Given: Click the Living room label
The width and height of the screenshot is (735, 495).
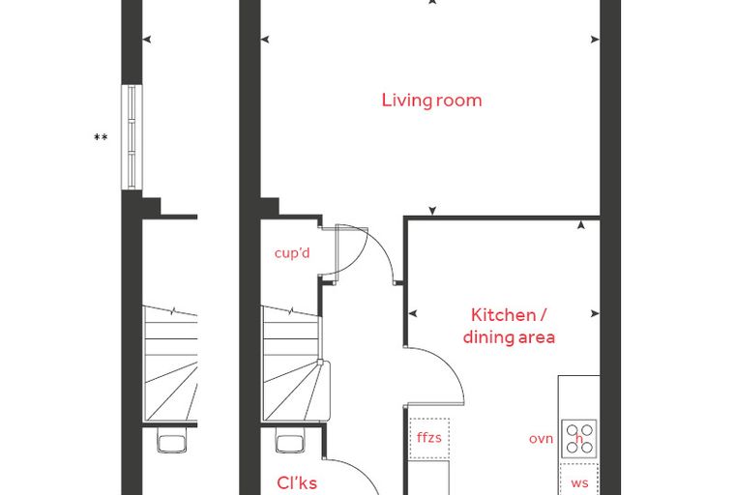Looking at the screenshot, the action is [431, 101].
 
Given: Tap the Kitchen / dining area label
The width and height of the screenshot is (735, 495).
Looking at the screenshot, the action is [509, 326].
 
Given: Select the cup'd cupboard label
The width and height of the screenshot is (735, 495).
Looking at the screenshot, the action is [292, 253].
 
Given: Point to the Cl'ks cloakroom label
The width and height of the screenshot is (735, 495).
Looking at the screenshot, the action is [297, 482].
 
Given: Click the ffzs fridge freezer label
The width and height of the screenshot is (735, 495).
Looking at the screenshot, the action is [428, 438].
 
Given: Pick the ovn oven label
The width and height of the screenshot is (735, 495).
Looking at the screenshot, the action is [541, 439].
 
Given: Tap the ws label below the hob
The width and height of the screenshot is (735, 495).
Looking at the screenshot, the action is [579, 482].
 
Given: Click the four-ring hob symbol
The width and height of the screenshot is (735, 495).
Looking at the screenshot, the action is [579, 439].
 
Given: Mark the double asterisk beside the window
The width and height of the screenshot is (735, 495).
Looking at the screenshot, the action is [101, 137].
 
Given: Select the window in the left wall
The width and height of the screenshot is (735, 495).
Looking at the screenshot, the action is [132, 137].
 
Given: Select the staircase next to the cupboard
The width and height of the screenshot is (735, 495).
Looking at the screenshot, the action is [291, 364].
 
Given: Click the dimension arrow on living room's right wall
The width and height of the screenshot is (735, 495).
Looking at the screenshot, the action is [595, 40].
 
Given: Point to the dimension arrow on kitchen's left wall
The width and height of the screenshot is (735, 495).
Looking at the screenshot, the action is [413, 313].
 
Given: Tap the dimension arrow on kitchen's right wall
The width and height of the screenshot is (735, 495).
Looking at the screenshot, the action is [595, 313].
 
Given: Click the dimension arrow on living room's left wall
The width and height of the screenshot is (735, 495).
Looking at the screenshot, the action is [265, 40].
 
